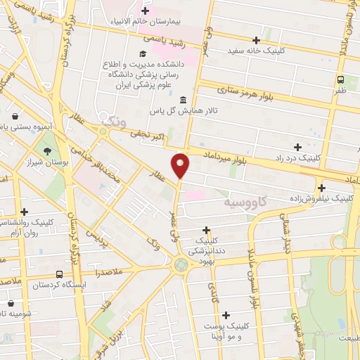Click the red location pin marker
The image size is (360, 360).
[x=181, y=165]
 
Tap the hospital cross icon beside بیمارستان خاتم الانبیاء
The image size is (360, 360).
[x=146, y=11]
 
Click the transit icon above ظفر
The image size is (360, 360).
[x=340, y=79]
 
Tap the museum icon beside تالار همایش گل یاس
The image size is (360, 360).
[x=183, y=99]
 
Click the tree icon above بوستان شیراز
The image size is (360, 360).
[x=47, y=150]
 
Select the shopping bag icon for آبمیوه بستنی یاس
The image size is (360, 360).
[x=15, y=116]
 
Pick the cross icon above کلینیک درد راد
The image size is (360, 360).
[x=298, y=147]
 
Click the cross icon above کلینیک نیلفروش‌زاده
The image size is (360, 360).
[x=321, y=188]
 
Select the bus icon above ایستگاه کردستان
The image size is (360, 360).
[x=58, y=274]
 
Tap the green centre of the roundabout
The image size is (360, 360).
[x=181, y=265]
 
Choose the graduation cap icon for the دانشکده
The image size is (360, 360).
[x=143, y=53]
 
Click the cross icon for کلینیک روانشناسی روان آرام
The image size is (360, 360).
[x=25, y=211]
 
